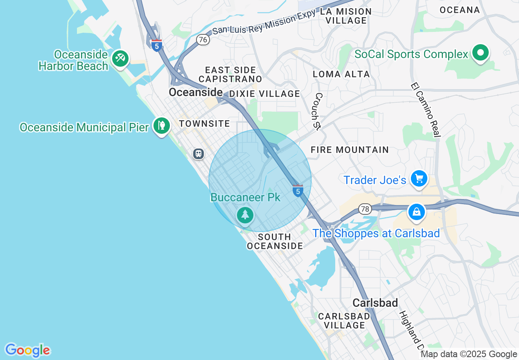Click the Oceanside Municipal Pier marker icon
point(162,126)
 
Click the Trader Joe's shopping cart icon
point(419,179)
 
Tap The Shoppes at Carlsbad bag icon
point(416,212)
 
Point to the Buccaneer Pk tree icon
point(245,214)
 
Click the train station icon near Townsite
point(199,154)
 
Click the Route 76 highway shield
point(203,40)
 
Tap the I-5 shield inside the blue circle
point(298,191)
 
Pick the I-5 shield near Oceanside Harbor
point(156,45)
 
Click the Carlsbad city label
point(375,303)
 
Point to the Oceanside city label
point(196,92)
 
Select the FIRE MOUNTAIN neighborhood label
point(350,150)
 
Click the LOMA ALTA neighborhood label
point(341,74)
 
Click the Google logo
point(27,350)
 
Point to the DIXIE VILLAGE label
point(264,94)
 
